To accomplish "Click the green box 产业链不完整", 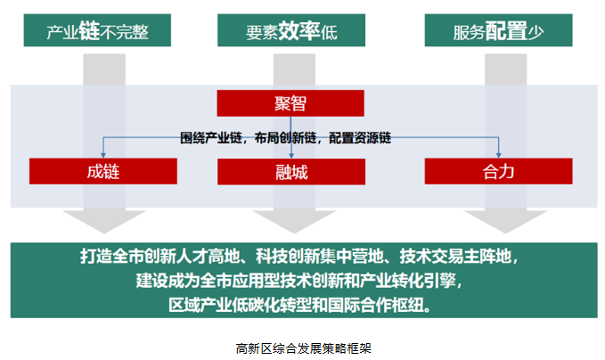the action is coord(97,30).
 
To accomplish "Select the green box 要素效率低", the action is coord(291,30).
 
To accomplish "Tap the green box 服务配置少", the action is coord(498,30).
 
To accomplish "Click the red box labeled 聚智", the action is coord(290,103).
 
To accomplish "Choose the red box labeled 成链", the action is coord(103,171).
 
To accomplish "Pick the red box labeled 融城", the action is coord(291,172).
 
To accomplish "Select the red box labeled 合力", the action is coord(498,171).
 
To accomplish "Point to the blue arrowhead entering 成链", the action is coord(103,155).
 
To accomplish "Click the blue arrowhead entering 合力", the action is coord(498,155).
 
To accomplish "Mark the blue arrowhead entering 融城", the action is coord(291,156).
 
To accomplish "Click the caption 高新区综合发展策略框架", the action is coord(303,348).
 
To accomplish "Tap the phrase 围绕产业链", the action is coord(210,138).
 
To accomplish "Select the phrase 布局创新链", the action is coord(285,138).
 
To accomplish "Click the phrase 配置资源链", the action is coord(360,138).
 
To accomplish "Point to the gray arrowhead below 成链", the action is coord(104,222).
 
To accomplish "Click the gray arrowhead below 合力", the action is coord(505,222).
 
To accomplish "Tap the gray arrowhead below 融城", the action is coord(294,222).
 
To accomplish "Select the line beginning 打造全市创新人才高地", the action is coord(299,257).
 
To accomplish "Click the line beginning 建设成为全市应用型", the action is coord(299,281).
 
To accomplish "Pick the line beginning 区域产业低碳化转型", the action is coord(300,306).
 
